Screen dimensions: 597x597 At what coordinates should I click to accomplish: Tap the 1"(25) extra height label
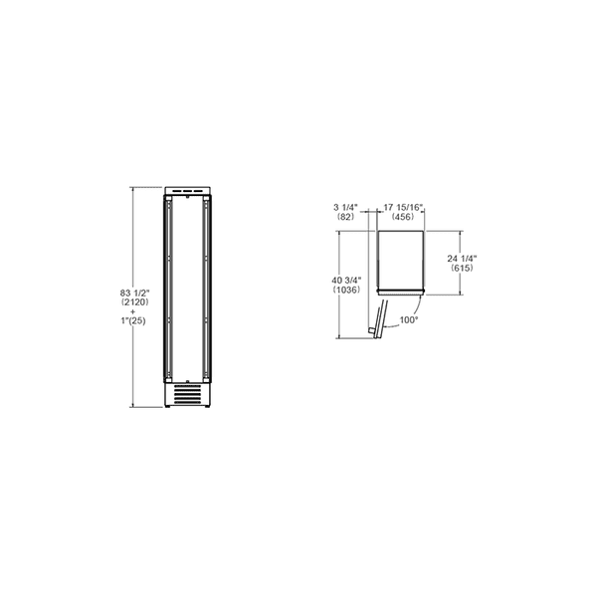point(132,321)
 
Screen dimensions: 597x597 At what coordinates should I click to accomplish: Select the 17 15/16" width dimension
point(403,206)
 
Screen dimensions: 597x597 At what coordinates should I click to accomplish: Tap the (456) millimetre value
point(403,216)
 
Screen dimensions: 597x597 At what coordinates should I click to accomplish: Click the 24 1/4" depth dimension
point(463,259)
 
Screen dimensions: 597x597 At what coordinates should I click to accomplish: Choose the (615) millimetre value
point(463,269)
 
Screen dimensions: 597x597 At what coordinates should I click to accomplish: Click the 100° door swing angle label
point(408,320)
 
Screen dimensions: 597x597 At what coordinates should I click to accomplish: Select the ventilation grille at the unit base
point(188,395)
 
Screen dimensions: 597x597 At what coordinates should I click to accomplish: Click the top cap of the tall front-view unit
point(188,189)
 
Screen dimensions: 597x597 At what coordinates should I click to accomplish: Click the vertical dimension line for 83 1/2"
point(132,239)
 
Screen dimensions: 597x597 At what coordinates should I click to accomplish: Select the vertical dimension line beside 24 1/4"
point(460,239)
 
